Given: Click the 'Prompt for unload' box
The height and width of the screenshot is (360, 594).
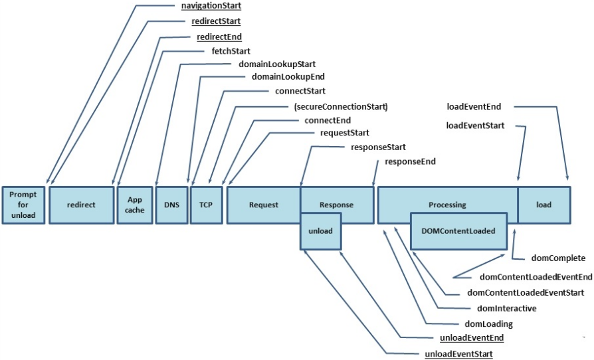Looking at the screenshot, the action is [x=23, y=205].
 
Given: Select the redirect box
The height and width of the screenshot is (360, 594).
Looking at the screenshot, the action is [x=82, y=205].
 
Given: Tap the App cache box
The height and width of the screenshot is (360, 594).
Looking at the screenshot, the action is [x=135, y=205].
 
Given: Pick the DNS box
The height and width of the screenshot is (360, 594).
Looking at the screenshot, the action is [x=171, y=205].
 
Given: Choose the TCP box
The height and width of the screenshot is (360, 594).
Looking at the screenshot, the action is [x=206, y=205].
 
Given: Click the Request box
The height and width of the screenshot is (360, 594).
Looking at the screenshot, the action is [x=264, y=205].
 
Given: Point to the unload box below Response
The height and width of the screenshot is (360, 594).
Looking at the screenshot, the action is [x=320, y=231].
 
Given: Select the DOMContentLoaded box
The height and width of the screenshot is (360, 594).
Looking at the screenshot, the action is [x=458, y=231].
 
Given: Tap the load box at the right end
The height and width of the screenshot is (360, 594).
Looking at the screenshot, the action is [x=544, y=205].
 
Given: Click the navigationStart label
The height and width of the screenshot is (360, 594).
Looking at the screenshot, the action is [x=211, y=6].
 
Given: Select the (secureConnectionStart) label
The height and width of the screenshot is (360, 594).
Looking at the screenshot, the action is [x=341, y=107].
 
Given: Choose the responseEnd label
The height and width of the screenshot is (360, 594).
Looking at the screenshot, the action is [x=410, y=161].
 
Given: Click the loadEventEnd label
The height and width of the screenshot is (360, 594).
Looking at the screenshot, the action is [x=474, y=107].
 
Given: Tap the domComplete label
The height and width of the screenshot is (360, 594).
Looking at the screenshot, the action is [x=558, y=258].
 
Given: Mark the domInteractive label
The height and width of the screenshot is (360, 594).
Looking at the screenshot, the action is [x=506, y=308].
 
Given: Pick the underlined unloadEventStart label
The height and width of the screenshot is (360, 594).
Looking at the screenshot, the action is [x=458, y=354].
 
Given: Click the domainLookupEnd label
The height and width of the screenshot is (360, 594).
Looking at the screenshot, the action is [x=288, y=77].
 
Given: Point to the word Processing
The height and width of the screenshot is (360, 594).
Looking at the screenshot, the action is [x=447, y=205].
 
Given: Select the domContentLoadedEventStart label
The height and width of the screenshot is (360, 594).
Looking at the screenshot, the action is [x=526, y=293].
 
